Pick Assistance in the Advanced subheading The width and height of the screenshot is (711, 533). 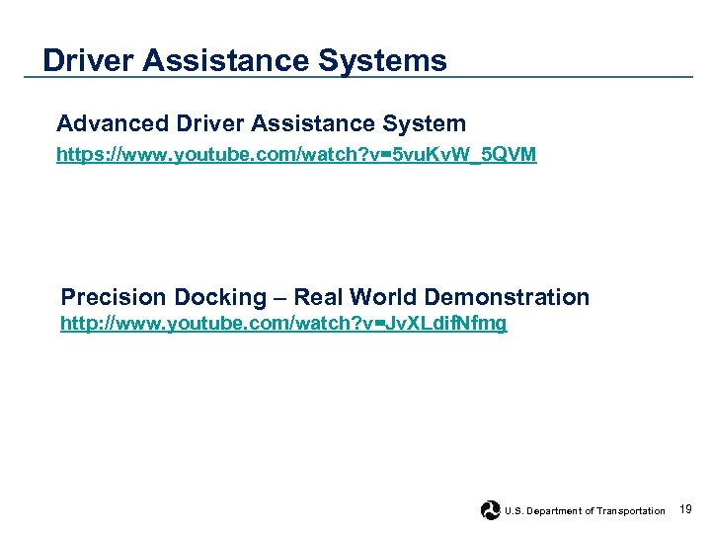[x=311, y=124]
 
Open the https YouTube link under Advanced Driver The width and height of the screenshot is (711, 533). [x=296, y=155]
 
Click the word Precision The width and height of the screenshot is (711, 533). [x=114, y=297]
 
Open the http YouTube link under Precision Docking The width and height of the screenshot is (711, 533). [x=283, y=324]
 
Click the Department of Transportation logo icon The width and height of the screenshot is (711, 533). [x=490, y=510]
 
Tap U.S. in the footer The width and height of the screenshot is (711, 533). [x=513, y=511]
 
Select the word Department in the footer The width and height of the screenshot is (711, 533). [x=554, y=511]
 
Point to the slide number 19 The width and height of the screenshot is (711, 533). [x=686, y=509]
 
